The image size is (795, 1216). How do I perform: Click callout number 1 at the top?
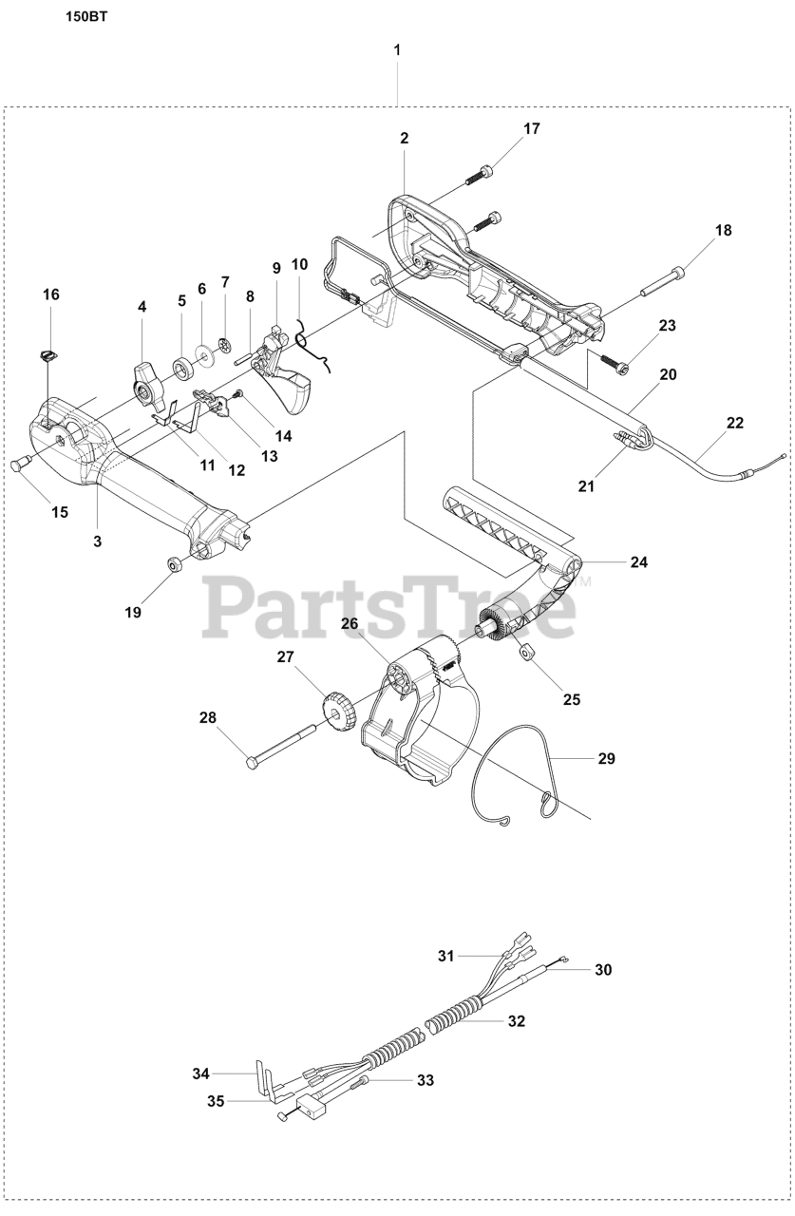coord(397,48)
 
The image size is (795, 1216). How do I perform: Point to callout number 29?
coord(607,758)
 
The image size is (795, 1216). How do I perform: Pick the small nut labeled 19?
coord(175,565)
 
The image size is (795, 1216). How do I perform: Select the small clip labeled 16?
coord(48,355)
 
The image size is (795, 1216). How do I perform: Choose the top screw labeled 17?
coord(482,176)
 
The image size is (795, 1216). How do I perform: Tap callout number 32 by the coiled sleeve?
coord(516,1021)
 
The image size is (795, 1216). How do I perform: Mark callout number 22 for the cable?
coord(734,423)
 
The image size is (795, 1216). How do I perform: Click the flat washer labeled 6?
coord(204,354)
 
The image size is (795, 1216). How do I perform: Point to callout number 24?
coord(638,561)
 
